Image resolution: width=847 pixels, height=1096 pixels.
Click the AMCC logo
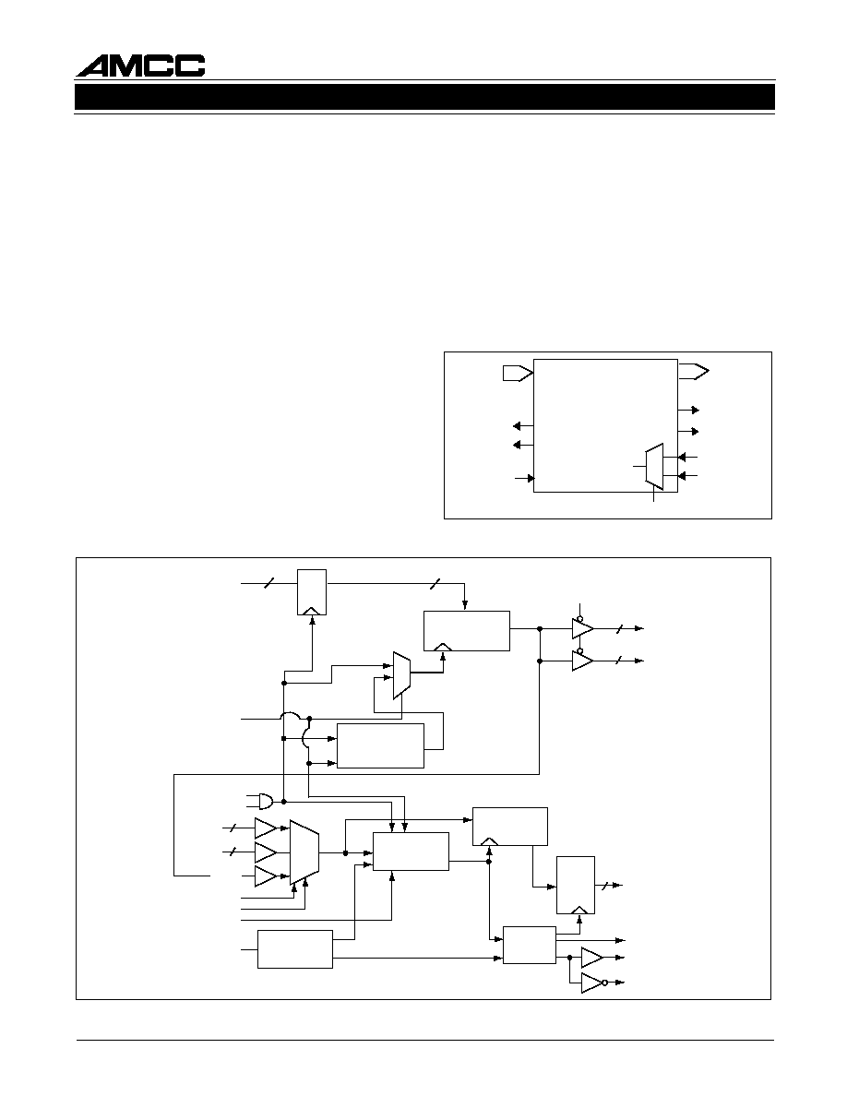(140, 66)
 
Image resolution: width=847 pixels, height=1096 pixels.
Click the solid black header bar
(425, 97)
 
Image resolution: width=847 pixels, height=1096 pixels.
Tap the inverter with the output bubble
(594, 983)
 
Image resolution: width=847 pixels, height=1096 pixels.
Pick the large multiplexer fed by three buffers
(304, 852)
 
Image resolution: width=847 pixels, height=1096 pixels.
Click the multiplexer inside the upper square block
(653, 466)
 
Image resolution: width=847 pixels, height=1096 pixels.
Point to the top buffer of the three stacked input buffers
(266, 828)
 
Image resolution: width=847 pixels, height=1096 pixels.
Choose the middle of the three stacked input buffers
(266, 852)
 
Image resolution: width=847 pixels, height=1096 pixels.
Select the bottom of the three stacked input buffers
(266, 876)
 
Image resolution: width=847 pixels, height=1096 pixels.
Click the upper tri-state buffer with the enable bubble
(583, 627)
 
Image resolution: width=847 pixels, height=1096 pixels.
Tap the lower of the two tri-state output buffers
(583, 659)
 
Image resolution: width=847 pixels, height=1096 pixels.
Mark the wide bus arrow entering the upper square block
(518, 374)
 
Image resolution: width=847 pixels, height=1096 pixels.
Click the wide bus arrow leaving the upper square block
(693, 371)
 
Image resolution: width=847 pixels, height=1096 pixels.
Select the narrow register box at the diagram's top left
(312, 592)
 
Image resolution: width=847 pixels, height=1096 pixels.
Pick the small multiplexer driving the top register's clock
(401, 676)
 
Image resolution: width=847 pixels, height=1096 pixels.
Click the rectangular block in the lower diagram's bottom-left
(295, 949)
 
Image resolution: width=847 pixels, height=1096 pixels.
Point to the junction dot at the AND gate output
(284, 801)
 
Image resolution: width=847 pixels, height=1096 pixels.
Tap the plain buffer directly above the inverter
(592, 957)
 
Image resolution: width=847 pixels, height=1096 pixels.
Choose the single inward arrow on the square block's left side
(524, 478)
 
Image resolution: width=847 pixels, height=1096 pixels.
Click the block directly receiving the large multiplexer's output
(411, 852)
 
